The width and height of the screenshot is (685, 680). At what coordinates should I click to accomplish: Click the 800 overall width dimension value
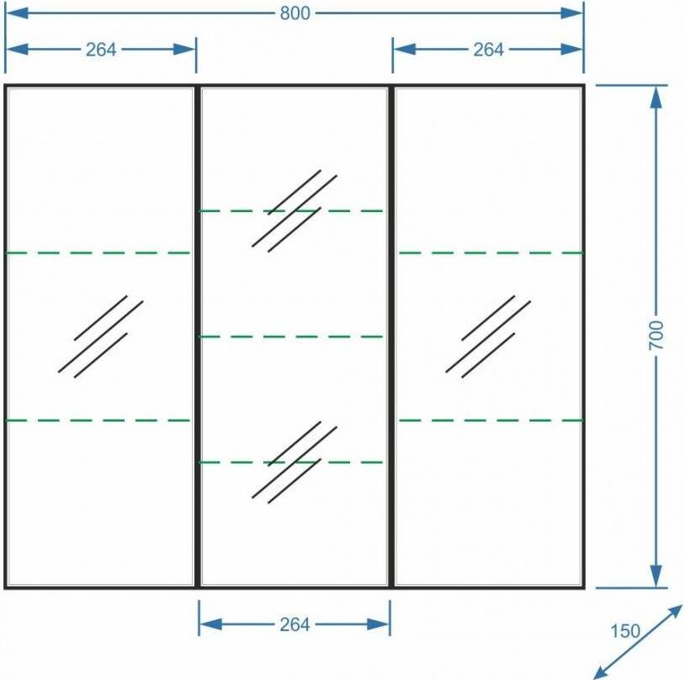click(295, 13)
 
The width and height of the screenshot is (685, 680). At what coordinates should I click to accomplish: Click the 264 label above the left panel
click(101, 50)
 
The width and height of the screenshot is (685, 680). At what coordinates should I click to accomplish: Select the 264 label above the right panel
click(488, 50)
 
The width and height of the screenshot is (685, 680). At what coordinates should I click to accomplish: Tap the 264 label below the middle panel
click(295, 624)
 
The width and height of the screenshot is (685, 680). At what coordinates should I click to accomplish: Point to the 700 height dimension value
click(656, 335)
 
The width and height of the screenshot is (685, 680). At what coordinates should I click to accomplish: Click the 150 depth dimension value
click(624, 631)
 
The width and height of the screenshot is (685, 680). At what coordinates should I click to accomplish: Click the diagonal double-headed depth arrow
click(637, 642)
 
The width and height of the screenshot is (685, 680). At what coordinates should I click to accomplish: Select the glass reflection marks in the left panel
click(100, 337)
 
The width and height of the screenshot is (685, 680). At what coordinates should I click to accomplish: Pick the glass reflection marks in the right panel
click(488, 337)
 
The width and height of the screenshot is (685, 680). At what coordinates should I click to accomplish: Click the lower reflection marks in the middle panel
click(295, 462)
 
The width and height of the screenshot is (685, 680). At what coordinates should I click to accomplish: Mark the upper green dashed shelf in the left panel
click(98, 252)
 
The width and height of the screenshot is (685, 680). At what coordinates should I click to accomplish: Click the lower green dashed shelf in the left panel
click(98, 421)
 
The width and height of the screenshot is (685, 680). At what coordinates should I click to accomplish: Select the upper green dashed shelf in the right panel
click(491, 252)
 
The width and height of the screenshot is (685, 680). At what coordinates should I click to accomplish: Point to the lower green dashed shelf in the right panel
click(491, 421)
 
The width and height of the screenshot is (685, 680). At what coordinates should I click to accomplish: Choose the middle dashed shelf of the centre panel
click(291, 337)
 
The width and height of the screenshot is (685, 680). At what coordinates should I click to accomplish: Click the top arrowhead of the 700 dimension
click(656, 97)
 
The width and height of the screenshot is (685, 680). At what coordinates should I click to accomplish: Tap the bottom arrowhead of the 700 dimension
click(656, 576)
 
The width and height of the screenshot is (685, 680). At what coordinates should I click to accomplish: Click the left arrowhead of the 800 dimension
click(17, 13)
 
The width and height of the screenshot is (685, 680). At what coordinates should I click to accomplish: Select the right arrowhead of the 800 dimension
click(572, 13)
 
